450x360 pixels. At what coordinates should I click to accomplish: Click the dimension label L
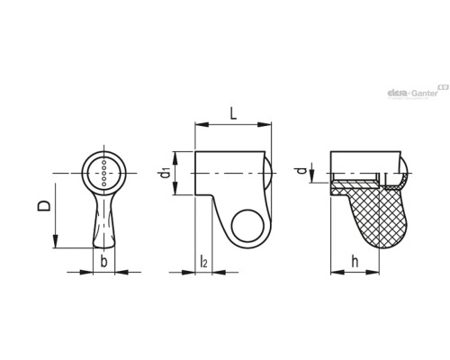pyautogui.click(x=233, y=113)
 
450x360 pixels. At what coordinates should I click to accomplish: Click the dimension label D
pyautogui.click(x=44, y=206)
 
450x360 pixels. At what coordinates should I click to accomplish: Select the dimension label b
pyautogui.click(x=103, y=261)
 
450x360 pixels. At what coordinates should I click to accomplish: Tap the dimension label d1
pyautogui.click(x=165, y=173)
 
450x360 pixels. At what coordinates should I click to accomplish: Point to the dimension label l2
pyautogui.click(x=203, y=261)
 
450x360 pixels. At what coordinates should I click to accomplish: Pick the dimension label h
pyautogui.click(x=355, y=261)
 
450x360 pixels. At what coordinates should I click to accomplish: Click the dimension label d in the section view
pyautogui.click(x=303, y=171)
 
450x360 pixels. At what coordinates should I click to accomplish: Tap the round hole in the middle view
pyautogui.click(x=247, y=226)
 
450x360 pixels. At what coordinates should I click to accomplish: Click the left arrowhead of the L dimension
pyautogui.click(x=202, y=124)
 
